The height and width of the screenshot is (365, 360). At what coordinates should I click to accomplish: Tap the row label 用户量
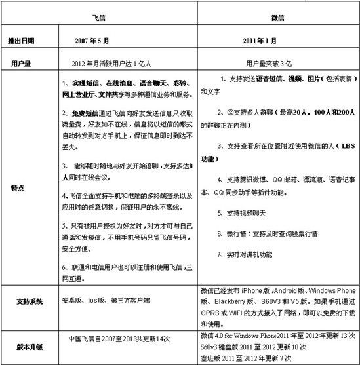(x=22, y=64)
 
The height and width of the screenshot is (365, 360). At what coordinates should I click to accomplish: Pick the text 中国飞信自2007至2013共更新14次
(x=120, y=339)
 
